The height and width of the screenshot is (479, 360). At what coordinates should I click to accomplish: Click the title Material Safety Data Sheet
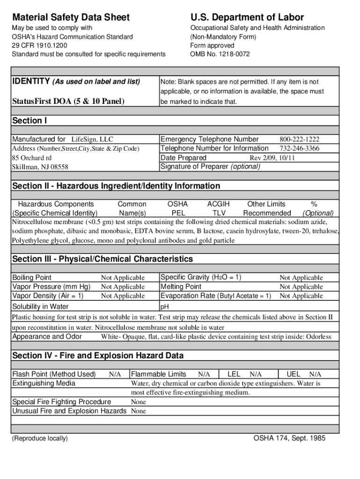pos(71,17)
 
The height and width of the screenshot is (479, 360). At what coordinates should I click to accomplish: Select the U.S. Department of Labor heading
pos(247,17)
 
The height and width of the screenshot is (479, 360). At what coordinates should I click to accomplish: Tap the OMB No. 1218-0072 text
pos(220,54)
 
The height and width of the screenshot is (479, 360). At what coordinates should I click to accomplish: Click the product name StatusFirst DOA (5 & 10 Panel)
pos(68,101)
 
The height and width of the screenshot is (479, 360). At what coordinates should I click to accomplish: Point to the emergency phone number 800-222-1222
pos(299,139)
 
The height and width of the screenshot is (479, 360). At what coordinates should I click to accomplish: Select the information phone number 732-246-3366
pos(299,148)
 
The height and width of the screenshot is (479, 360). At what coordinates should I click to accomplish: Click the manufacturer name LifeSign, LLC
pos(92,139)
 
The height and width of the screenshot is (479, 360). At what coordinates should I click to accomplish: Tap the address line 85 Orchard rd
pos(32,158)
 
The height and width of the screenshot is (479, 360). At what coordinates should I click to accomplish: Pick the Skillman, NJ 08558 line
pos(40,167)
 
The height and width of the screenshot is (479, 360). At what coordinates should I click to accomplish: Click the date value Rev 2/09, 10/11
pos(272,158)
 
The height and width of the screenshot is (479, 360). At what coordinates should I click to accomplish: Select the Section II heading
pos(116,186)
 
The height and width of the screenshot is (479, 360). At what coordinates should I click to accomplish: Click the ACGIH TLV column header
pos(218,209)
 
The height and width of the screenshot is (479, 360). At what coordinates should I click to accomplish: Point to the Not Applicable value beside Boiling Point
pos(123,278)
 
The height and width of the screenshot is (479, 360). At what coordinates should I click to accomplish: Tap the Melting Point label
pos(181,286)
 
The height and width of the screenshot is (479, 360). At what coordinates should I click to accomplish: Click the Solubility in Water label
pos(40,306)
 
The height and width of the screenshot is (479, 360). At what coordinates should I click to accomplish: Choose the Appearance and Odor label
pos(47,337)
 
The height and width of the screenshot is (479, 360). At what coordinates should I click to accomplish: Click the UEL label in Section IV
pos(293,374)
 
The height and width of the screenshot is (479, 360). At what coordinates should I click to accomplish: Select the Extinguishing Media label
pos(43,383)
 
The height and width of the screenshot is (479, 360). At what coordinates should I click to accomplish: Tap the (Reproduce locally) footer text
pos(40,438)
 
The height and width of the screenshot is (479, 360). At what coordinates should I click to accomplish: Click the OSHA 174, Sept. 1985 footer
pos(289,438)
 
